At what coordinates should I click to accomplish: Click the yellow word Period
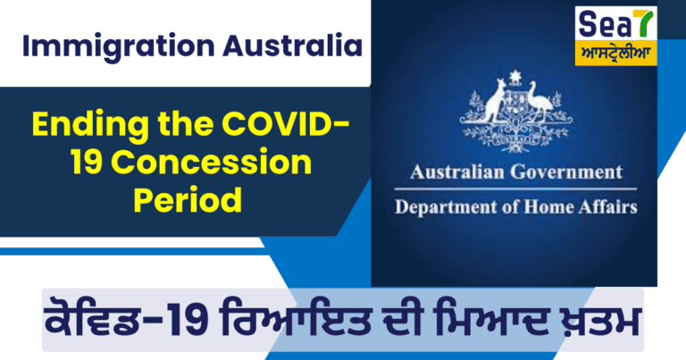click(188, 199)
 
